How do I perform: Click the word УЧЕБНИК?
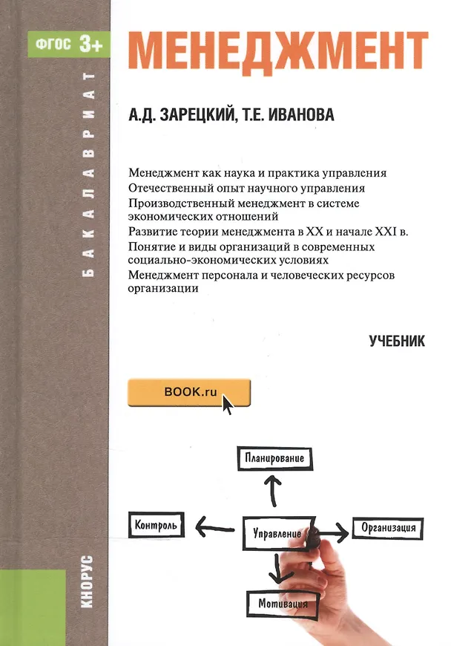pyautogui.click(x=396, y=341)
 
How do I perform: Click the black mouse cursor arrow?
pyautogui.click(x=227, y=405)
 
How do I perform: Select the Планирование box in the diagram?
pyautogui.click(x=274, y=458)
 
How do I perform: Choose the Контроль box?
pyautogui.click(x=155, y=526)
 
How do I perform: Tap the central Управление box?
pyautogui.click(x=277, y=532)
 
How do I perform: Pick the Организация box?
pyautogui.click(x=387, y=528)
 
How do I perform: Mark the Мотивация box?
pyautogui.click(x=281, y=602)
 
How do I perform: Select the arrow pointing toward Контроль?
pyautogui.click(x=215, y=527)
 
